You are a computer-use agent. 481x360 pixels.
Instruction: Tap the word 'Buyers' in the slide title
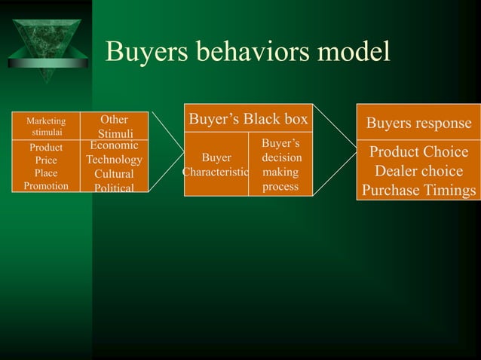click(x=147, y=52)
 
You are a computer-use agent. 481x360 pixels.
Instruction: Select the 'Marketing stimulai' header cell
click(x=46, y=124)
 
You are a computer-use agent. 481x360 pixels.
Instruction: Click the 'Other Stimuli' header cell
click(x=114, y=126)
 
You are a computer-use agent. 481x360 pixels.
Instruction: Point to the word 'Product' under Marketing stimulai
click(x=46, y=148)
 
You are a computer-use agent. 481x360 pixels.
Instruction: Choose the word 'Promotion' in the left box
click(x=46, y=185)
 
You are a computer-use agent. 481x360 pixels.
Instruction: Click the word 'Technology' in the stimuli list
click(x=114, y=160)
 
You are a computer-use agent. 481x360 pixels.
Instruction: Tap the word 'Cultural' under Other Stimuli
click(x=114, y=174)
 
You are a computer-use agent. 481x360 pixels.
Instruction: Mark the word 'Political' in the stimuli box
click(x=114, y=188)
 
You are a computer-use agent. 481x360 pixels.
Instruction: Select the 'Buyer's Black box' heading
click(x=248, y=119)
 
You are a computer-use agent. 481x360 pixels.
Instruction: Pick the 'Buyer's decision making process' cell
click(x=281, y=165)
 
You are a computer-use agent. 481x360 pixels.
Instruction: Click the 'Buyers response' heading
click(x=418, y=124)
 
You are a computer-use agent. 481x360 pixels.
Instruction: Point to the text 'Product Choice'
click(x=418, y=152)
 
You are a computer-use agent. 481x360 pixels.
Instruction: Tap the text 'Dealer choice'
click(x=418, y=171)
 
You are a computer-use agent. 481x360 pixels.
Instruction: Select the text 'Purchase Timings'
click(x=418, y=191)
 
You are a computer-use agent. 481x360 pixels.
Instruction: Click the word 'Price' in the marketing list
click(x=46, y=160)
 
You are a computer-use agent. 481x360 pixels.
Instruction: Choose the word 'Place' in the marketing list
click(x=46, y=173)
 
